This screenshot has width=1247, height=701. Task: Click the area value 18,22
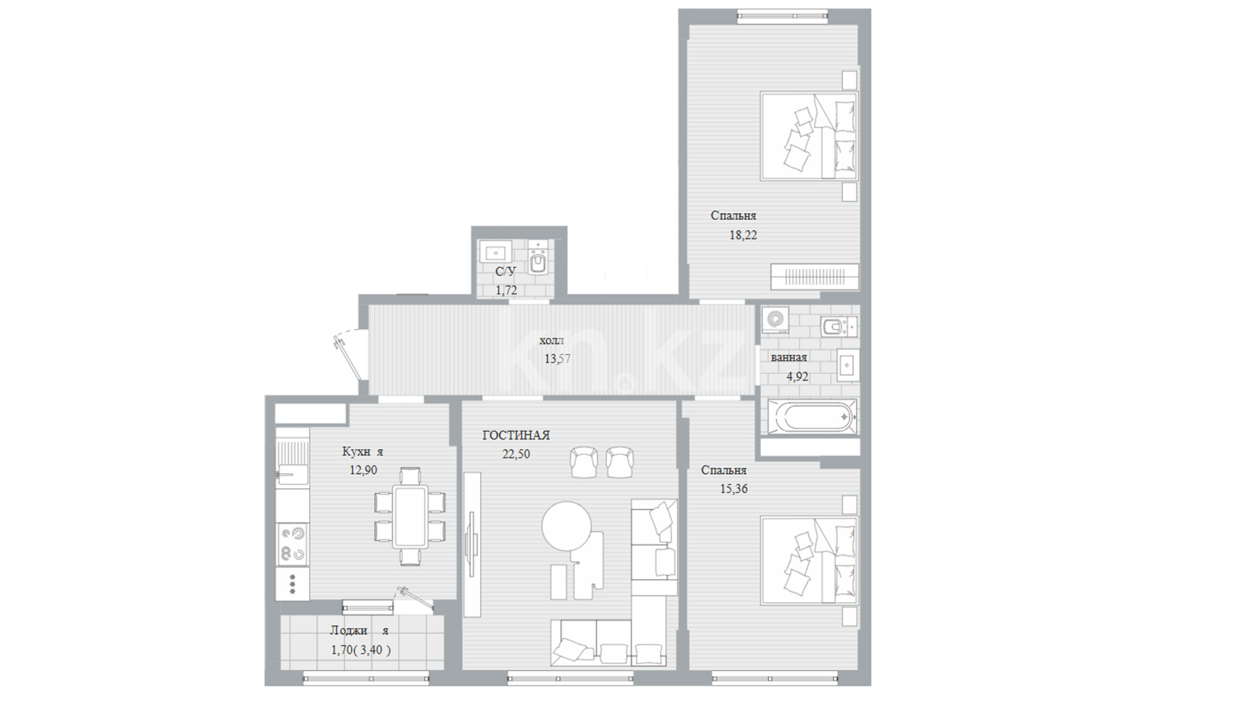click(x=743, y=236)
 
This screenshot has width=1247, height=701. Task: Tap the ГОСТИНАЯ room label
click(x=516, y=436)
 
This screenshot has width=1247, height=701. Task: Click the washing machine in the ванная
click(x=775, y=320)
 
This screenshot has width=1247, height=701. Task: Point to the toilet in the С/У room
click(x=537, y=259)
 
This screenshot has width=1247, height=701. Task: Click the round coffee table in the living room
click(x=567, y=527)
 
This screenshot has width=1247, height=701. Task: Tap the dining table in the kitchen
click(x=410, y=517)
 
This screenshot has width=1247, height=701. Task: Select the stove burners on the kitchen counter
click(x=292, y=543)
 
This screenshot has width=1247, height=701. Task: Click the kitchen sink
click(x=292, y=461)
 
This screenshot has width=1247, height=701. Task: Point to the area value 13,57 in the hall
click(x=557, y=358)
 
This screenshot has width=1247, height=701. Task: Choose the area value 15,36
click(x=733, y=489)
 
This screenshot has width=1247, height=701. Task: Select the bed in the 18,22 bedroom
click(x=809, y=135)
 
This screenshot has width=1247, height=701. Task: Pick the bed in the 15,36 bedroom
click(x=809, y=560)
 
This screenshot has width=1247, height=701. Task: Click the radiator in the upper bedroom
click(x=814, y=277)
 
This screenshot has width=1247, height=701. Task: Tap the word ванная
click(x=789, y=358)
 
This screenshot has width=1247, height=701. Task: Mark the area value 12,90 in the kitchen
click(x=363, y=471)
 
